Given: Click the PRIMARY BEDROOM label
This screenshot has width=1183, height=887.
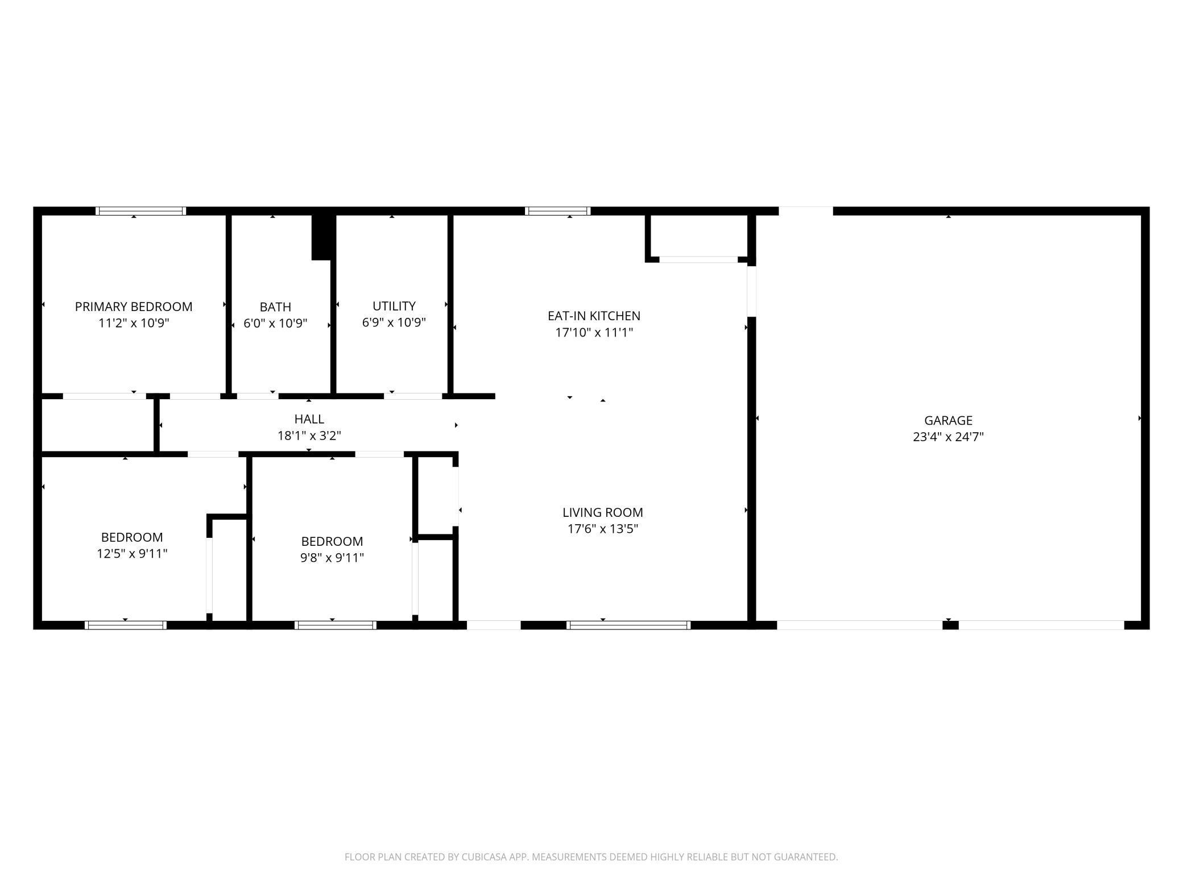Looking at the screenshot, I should (x=134, y=306).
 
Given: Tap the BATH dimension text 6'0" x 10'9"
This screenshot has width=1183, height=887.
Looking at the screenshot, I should (x=275, y=324).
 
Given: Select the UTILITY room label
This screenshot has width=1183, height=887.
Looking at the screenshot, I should (x=394, y=306).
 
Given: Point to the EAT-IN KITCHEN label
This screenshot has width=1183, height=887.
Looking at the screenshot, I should (x=594, y=316).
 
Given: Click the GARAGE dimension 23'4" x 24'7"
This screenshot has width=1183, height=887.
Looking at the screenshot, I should (x=948, y=437).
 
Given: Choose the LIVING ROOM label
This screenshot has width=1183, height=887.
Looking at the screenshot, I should (x=602, y=512).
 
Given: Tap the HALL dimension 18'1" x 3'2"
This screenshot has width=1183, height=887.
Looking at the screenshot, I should (x=309, y=436).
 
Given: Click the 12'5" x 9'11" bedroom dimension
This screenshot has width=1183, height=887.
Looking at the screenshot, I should (x=132, y=553).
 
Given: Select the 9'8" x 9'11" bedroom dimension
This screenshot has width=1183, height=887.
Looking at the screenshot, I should (x=332, y=557).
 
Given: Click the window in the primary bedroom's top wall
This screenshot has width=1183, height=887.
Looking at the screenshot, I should (x=140, y=211).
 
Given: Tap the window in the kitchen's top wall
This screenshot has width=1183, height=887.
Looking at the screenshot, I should (x=557, y=211).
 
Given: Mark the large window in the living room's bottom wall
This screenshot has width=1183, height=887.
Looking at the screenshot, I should (x=628, y=625).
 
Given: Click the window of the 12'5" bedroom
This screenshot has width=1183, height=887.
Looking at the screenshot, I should (x=126, y=625).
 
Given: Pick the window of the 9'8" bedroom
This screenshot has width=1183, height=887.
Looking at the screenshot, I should (x=336, y=625).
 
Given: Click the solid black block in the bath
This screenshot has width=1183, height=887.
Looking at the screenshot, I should (x=322, y=238).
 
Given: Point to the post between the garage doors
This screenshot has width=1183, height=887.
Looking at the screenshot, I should (x=950, y=625).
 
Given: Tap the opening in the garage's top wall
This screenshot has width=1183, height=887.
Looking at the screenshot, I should (x=805, y=211).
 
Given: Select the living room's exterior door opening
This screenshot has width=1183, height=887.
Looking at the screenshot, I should (x=493, y=625).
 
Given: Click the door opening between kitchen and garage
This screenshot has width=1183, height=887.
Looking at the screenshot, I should (x=751, y=291).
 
